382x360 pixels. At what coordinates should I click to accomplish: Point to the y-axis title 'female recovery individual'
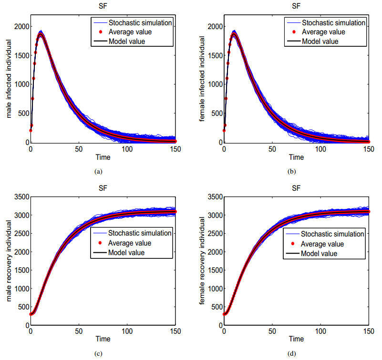pyautogui.click(x=202, y=261)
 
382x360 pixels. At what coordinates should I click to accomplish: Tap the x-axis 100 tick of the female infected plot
pyautogui.click(x=320, y=149)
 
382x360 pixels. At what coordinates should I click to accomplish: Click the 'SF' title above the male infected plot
pyautogui.click(x=103, y=6)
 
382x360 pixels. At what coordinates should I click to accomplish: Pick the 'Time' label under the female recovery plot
pyautogui.click(x=296, y=339)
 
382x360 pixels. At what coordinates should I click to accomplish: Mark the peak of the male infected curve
pyautogui.click(x=41, y=34)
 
